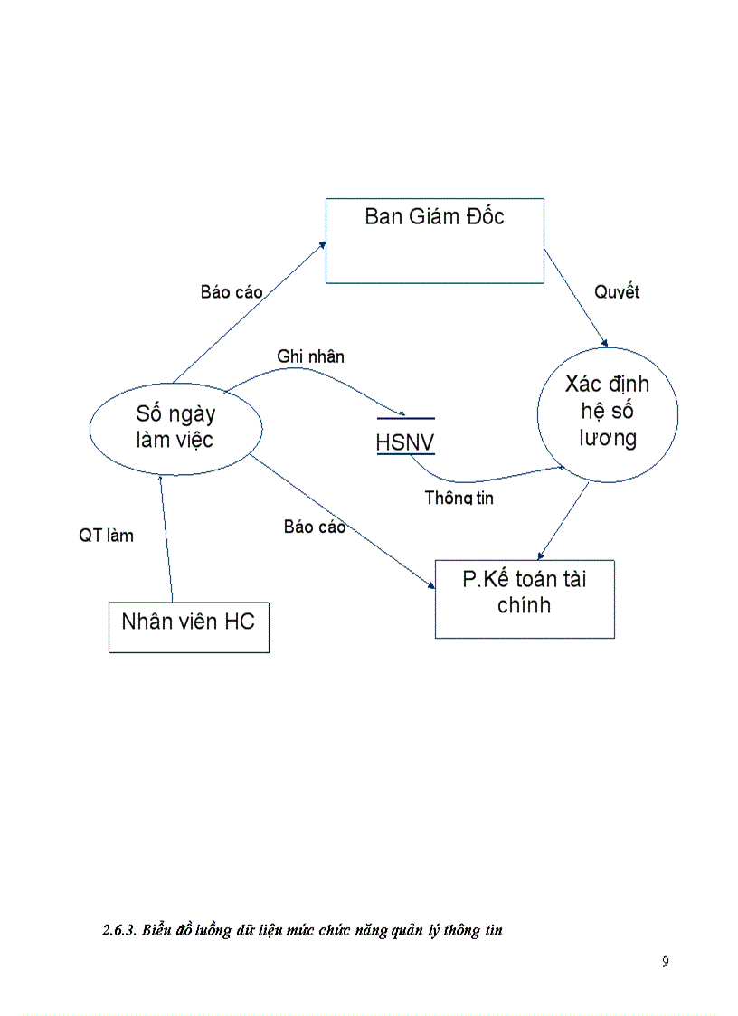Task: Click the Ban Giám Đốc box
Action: (434, 241)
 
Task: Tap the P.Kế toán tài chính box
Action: (525, 599)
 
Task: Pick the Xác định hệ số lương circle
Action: (607, 412)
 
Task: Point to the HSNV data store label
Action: (405, 444)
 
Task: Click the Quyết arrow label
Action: (617, 292)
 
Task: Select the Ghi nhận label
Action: (310, 356)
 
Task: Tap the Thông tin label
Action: (459, 498)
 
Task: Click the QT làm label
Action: (106, 536)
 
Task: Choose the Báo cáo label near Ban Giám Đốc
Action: (232, 292)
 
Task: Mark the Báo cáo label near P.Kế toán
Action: (315, 527)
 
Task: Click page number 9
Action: (665, 962)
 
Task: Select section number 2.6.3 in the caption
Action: (118, 930)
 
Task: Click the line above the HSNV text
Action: (405, 419)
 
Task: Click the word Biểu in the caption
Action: (158, 930)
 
